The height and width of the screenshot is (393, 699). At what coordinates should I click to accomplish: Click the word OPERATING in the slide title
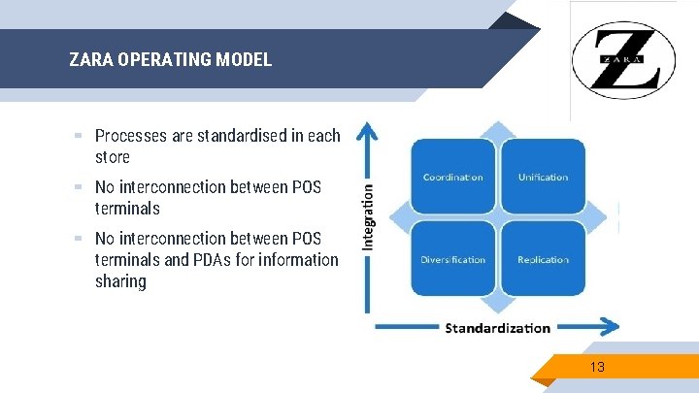(x=163, y=59)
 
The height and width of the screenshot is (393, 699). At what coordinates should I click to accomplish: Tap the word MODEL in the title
(x=243, y=59)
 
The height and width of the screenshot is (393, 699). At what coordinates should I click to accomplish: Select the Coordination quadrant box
(x=452, y=177)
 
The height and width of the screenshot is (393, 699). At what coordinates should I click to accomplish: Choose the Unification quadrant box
(x=543, y=177)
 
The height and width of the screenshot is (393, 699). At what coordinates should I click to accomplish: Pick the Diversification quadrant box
(x=452, y=259)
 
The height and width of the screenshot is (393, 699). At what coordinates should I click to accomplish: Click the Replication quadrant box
(x=543, y=259)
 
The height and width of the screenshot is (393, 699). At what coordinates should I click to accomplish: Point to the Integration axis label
(x=368, y=218)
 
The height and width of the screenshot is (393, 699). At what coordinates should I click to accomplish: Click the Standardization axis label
(x=497, y=327)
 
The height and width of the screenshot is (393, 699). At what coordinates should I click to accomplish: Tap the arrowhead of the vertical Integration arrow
(x=366, y=129)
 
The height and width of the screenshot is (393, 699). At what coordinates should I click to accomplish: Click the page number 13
(x=597, y=367)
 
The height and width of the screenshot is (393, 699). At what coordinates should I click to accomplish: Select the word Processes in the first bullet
(x=131, y=136)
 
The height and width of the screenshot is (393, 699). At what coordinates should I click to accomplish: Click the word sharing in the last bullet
(x=120, y=282)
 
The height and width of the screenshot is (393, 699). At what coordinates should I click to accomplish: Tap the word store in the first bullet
(x=113, y=157)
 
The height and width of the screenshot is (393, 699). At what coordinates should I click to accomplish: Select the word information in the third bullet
(x=302, y=260)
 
